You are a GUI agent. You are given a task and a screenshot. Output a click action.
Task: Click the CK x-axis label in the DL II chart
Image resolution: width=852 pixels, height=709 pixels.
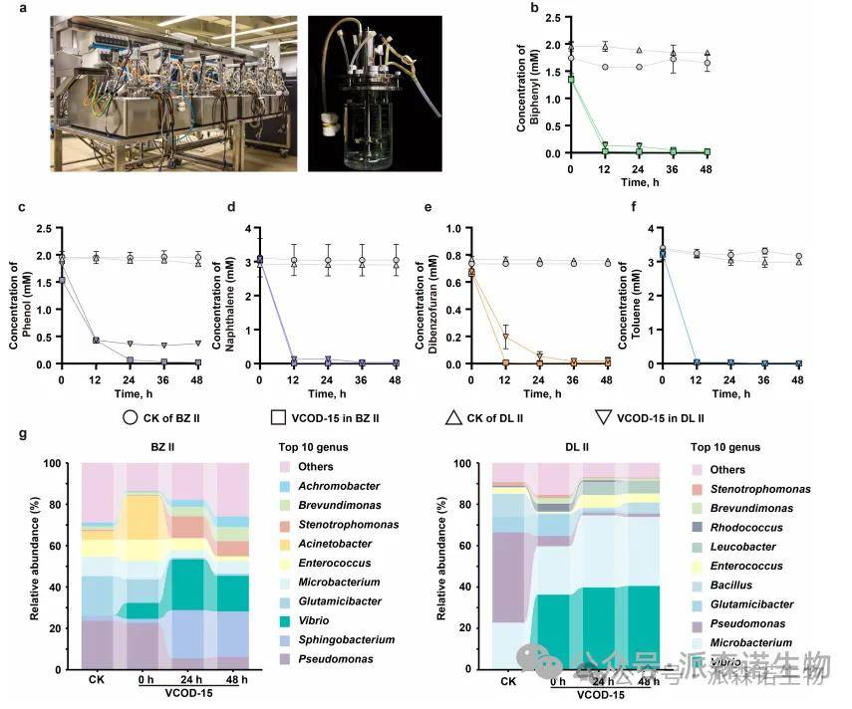click(508, 681)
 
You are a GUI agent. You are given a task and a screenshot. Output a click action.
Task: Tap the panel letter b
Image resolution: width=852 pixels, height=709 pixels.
click(534, 9)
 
